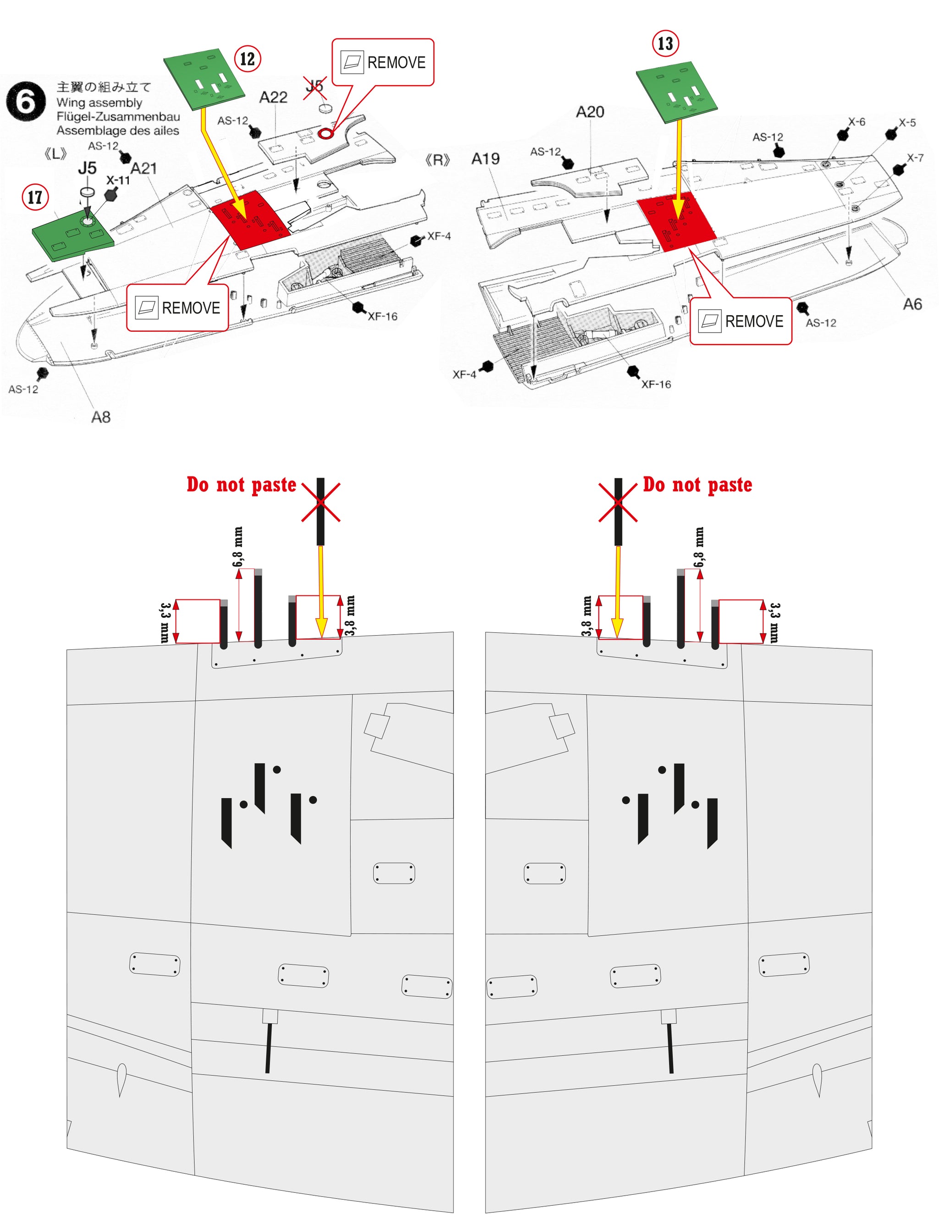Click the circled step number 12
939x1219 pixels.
pos(247,59)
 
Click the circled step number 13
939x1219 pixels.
pos(665,44)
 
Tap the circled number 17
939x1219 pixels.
pos(35,197)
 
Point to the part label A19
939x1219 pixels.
pos(485,159)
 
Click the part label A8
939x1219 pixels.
pos(100,417)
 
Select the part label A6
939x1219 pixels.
pos(912,304)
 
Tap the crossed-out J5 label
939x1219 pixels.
pos(315,87)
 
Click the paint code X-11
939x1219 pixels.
pos(118,180)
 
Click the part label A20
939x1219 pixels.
pos(590,112)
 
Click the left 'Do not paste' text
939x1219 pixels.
pos(241,484)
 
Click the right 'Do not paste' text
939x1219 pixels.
pos(697,484)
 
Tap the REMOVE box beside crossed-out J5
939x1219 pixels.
pos(383,62)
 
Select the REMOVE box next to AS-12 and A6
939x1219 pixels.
pos(741,321)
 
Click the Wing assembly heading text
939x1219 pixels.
pos(99,103)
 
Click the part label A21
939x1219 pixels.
pos(144,169)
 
